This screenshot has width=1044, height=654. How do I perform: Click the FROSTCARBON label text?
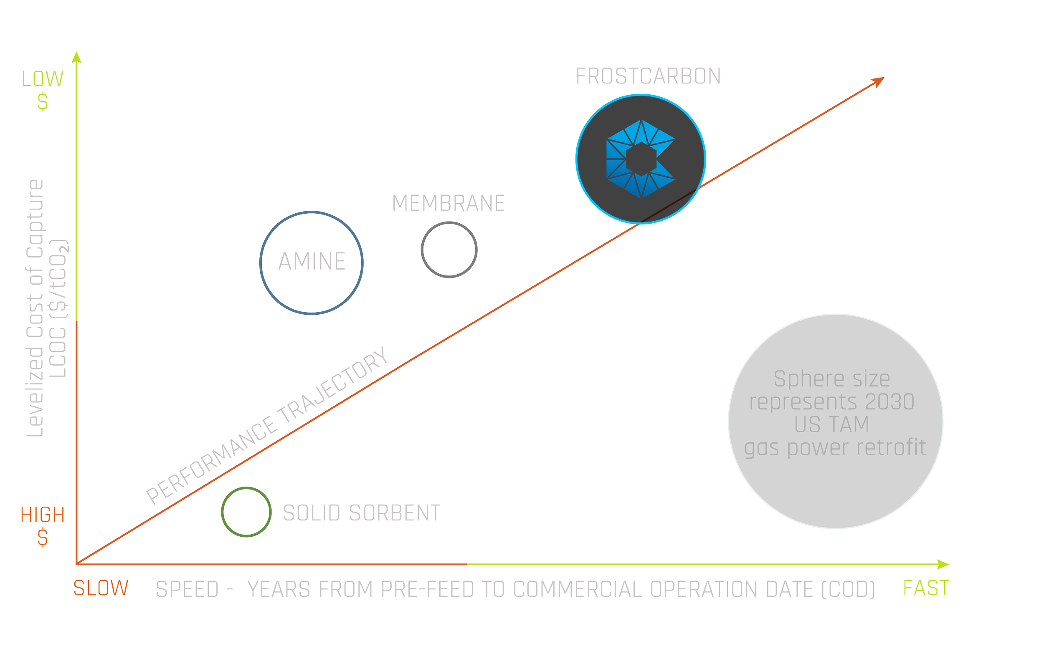click(x=648, y=77)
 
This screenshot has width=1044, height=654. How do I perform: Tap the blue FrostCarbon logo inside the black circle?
click(x=641, y=159)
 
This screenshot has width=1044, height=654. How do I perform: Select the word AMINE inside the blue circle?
click(x=312, y=262)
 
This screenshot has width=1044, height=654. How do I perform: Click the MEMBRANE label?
click(x=448, y=203)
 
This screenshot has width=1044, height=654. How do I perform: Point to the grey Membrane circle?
click(x=449, y=250)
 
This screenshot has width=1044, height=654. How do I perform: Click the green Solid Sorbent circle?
click(x=246, y=512)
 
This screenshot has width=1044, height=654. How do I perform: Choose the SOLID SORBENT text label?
click(x=362, y=513)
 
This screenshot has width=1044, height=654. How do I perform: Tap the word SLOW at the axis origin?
click(x=101, y=588)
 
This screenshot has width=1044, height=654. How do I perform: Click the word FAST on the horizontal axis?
click(x=926, y=588)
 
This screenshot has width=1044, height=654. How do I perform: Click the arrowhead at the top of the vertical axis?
click(x=76, y=58)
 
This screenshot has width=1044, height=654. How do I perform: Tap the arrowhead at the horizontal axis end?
click(x=943, y=564)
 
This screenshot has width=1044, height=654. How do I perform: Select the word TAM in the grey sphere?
click(x=831, y=425)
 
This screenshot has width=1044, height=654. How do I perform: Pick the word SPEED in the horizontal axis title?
click(x=188, y=590)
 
